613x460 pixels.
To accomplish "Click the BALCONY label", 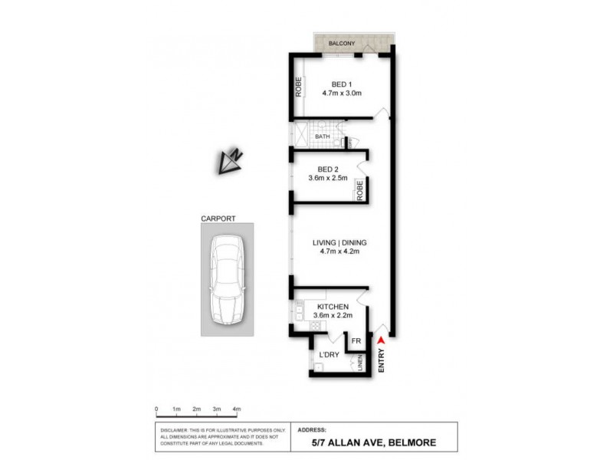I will [341, 44].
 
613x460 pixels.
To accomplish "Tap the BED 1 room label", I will [342, 84].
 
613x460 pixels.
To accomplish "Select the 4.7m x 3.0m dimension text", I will [342, 93].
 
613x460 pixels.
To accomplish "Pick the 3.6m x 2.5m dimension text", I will [328, 179].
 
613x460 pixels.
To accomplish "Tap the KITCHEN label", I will [332, 307].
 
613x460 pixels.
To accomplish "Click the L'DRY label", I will [329, 356].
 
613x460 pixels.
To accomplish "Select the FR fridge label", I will [356, 341].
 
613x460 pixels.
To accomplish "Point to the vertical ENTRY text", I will [381, 361].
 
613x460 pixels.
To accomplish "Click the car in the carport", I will [228, 280].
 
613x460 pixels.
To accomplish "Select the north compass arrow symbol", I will [229, 159].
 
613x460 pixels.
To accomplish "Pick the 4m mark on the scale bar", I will [238, 409].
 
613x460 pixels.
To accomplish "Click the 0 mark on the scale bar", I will [156, 409].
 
